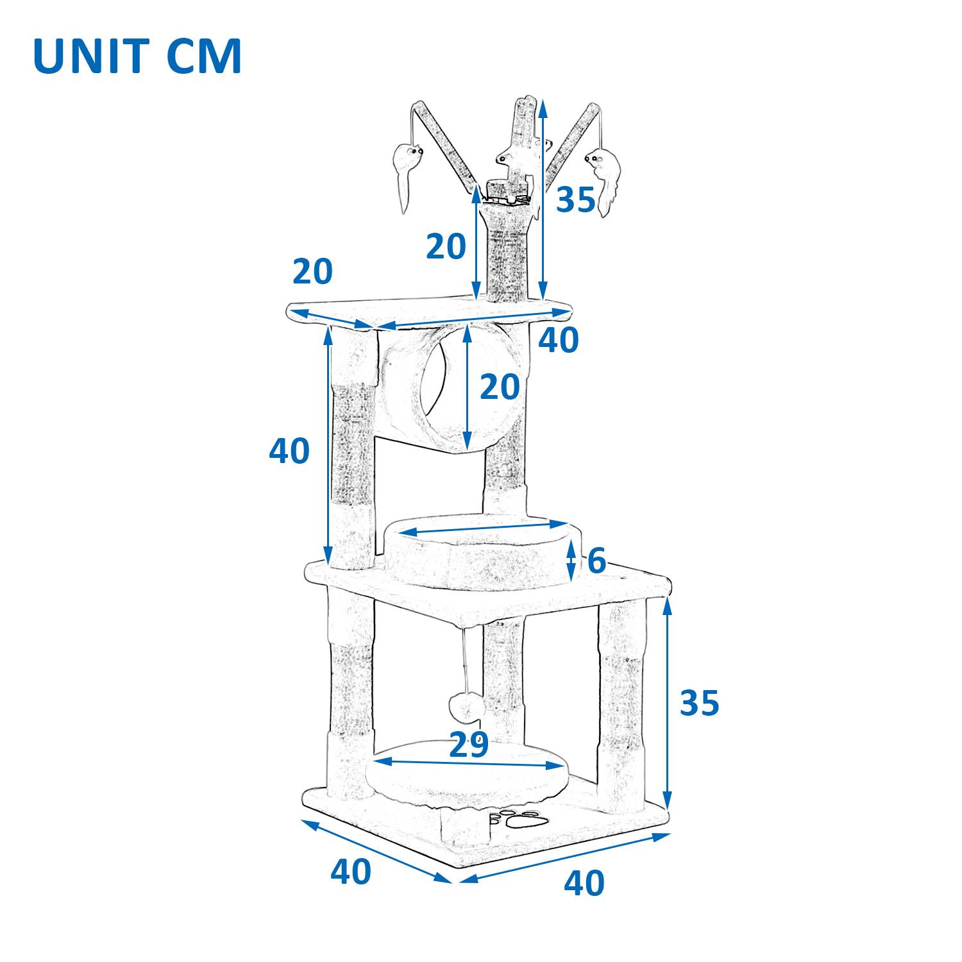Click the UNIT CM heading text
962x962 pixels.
pos(137,56)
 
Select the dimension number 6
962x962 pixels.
pos(596,561)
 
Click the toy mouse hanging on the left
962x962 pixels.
pos(406,170)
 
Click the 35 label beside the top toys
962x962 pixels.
pos(575,199)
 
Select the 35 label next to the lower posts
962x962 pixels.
pos(699,703)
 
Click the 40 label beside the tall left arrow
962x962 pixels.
pos(289,451)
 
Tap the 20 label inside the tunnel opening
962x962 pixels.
pos(500,387)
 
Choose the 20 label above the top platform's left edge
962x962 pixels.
pos(312,271)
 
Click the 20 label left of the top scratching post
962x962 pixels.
pos(446,246)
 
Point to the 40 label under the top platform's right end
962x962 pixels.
pos(558,340)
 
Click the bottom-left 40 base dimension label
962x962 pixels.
pos(350,871)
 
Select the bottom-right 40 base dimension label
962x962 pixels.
pos(584,883)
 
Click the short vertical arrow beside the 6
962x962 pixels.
pos(571,559)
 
